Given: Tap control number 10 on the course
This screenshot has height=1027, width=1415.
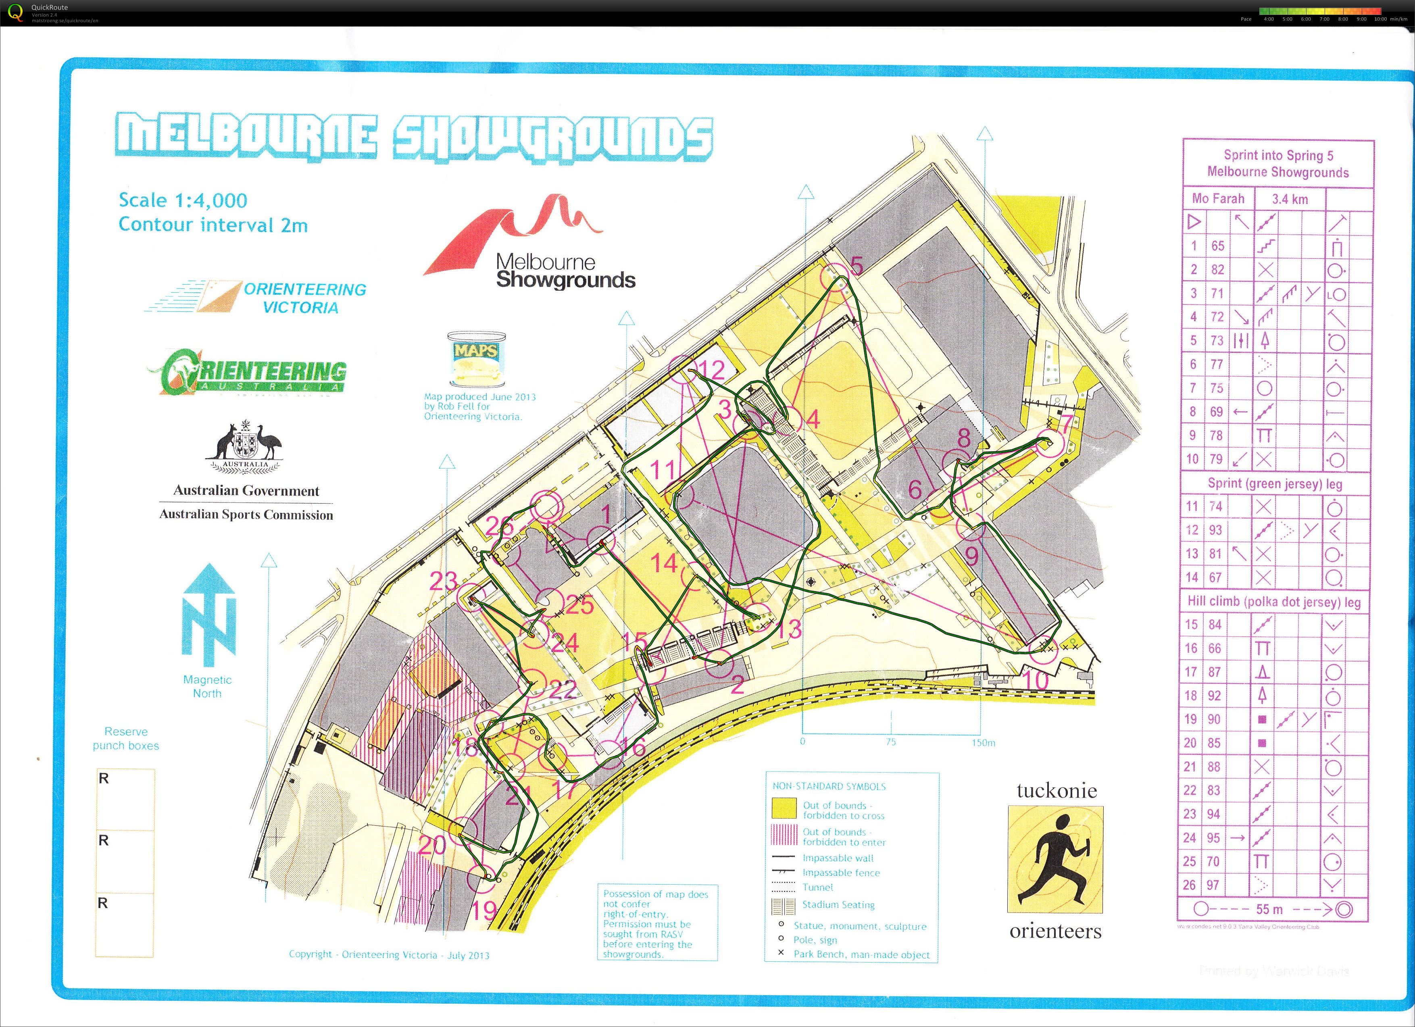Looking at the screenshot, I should pos(1036,679).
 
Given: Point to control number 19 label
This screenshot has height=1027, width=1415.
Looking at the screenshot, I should pos(483,910).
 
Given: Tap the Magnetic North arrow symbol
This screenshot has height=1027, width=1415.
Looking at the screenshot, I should pos(208,615).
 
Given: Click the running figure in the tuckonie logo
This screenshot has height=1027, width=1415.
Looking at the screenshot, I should pos(1055,859).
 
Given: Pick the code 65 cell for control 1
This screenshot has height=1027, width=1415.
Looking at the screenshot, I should pos(1217,246).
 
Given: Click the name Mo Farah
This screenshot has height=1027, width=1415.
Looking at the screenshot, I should pos(1218,199).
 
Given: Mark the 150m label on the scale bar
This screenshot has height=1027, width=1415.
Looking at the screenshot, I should pos(983,742).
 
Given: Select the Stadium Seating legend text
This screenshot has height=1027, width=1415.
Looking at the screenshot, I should pos(838,905).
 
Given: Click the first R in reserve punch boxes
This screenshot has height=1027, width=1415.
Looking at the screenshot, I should pos(104,779).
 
